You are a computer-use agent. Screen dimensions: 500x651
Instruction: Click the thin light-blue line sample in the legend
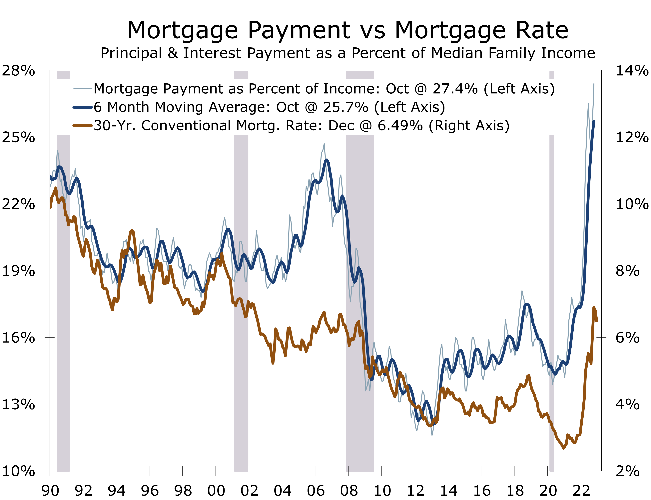click(82, 89)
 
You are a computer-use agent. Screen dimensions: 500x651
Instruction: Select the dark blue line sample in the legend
click(82, 107)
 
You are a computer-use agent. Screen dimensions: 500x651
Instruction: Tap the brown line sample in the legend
click(82, 126)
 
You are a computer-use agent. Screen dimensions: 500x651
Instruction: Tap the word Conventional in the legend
click(186, 126)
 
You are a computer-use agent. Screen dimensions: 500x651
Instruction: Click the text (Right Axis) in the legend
click(469, 126)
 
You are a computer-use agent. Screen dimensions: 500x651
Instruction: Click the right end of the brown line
click(597, 321)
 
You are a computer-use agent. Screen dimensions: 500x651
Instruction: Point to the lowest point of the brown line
click(563, 448)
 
